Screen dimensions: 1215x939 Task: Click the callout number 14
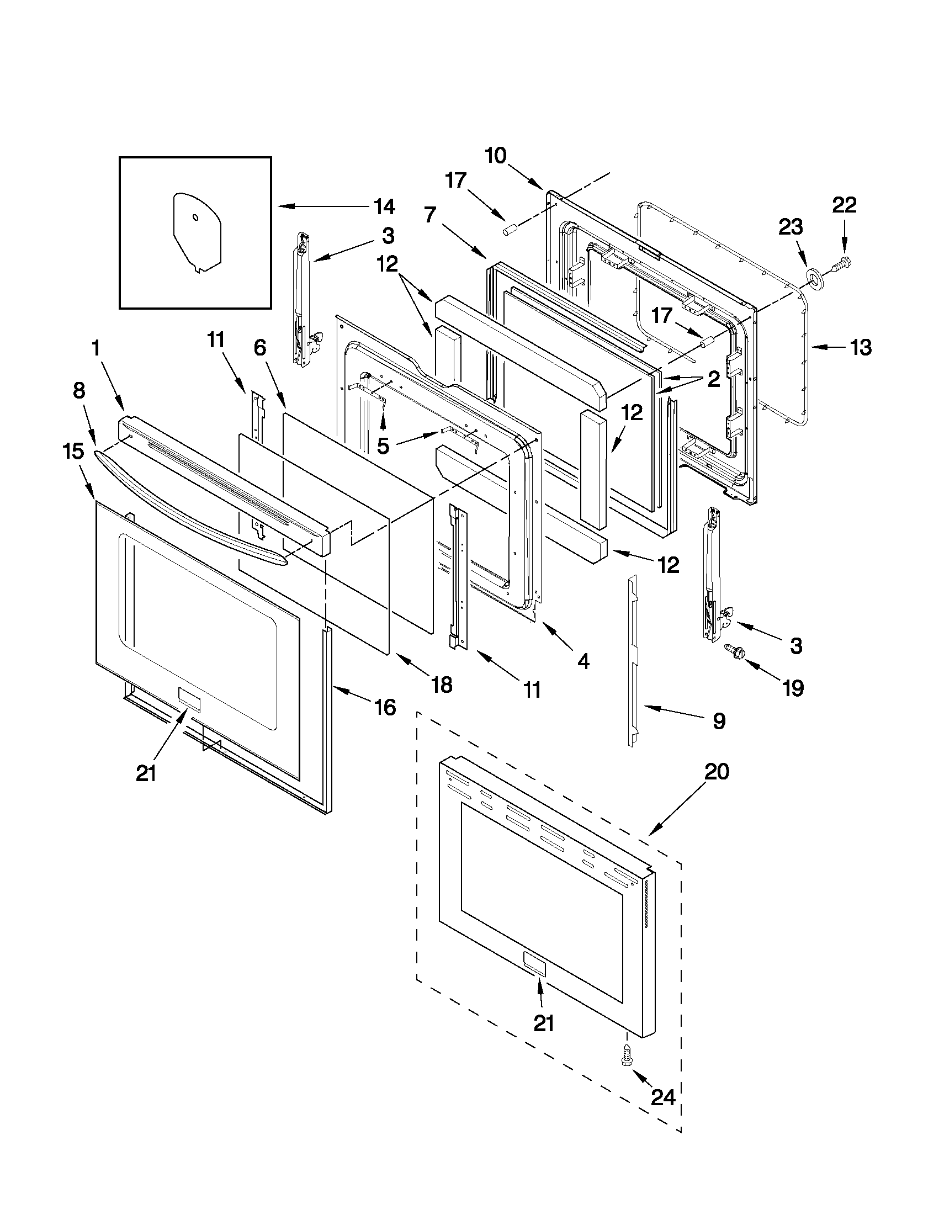(384, 206)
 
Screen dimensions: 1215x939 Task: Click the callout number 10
(495, 156)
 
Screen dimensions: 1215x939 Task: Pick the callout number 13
(860, 348)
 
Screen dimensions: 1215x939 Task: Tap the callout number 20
(717, 772)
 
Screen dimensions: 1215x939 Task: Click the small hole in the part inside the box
(195, 216)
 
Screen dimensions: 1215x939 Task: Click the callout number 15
(73, 451)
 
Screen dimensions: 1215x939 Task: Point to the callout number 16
(384, 708)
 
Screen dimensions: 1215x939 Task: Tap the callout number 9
(719, 721)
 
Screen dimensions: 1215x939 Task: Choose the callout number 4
(582, 661)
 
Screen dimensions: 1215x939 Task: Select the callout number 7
(429, 216)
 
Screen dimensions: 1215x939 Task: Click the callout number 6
(260, 348)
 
